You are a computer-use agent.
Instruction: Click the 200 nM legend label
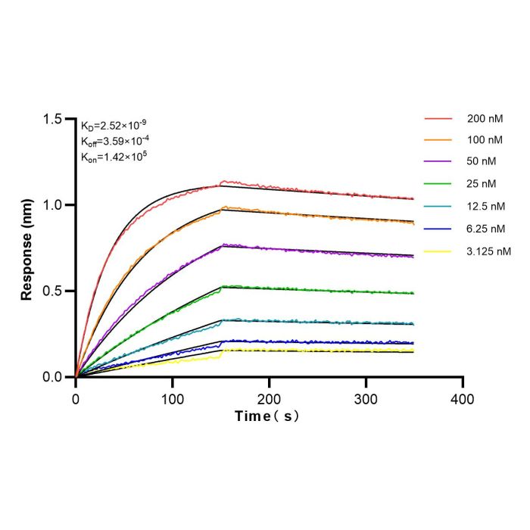(x=485, y=119)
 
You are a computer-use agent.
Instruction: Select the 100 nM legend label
(x=485, y=140)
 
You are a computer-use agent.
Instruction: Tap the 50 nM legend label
(x=482, y=161)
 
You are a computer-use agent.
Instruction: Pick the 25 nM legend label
(x=482, y=184)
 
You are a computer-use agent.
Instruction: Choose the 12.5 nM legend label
(x=486, y=206)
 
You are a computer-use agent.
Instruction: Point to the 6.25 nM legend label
(x=486, y=229)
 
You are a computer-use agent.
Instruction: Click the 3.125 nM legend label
(x=489, y=251)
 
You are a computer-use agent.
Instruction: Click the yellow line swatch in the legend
(x=438, y=251)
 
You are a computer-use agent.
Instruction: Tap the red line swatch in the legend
(x=438, y=119)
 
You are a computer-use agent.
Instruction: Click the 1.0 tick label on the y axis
(x=52, y=205)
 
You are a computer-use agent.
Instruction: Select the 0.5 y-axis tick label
(x=52, y=291)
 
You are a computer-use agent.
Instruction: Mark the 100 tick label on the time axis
(x=173, y=400)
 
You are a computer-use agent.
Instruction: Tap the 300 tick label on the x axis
(x=366, y=400)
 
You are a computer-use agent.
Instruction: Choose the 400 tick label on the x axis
(x=463, y=400)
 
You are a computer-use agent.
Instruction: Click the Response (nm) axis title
(x=26, y=249)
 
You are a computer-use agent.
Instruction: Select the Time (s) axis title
(x=267, y=416)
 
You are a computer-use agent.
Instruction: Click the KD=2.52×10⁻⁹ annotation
(x=114, y=125)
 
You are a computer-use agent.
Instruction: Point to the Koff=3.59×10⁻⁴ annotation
(x=115, y=141)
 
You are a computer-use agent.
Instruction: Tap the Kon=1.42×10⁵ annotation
(x=114, y=157)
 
